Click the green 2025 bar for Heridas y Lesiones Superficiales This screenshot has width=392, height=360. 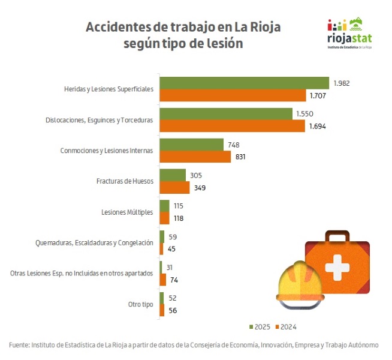pyautogui.click(x=244, y=83)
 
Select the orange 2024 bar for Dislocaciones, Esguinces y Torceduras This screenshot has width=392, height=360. pyautogui.click(x=233, y=126)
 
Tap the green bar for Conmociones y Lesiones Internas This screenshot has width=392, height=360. pyautogui.click(x=191, y=145)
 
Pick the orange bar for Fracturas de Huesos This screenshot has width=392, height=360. pyautogui.click(x=174, y=188)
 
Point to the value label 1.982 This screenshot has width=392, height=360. pyautogui.click(x=342, y=83)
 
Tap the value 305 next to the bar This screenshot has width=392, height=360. pyautogui.click(x=196, y=175)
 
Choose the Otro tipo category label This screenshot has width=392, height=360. pyautogui.click(x=140, y=304)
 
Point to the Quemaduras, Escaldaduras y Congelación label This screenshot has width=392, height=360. pyautogui.click(x=95, y=242)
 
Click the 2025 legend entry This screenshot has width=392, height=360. pyautogui.click(x=260, y=327)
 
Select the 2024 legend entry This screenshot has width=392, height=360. pyautogui.click(x=286, y=327)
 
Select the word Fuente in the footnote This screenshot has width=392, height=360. pyautogui.click(x=19, y=345)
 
